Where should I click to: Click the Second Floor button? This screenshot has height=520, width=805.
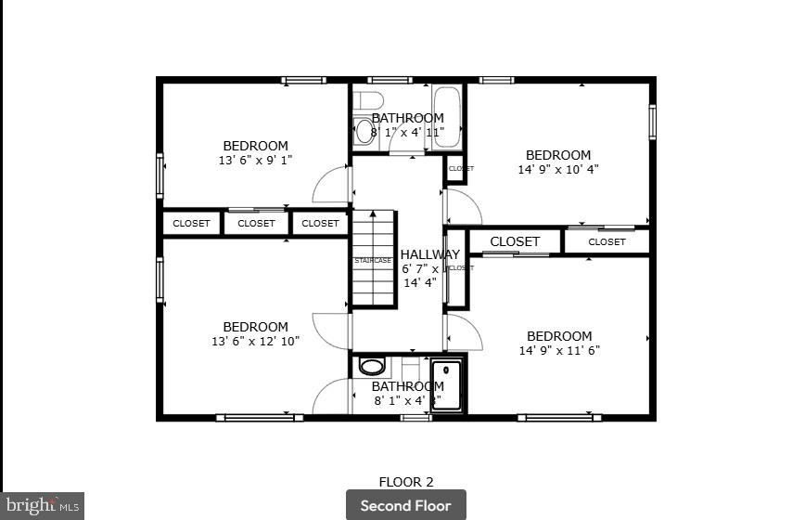click(x=405, y=505)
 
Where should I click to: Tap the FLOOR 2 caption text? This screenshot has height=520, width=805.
click(x=405, y=482)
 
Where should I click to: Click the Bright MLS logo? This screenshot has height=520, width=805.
click(x=42, y=505)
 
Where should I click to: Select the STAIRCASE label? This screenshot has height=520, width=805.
click(x=373, y=261)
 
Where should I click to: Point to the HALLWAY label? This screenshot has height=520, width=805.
click(x=429, y=254)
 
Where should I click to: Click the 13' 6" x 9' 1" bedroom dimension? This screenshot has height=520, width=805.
click(x=255, y=160)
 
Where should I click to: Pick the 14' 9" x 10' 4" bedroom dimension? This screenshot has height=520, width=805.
click(x=557, y=169)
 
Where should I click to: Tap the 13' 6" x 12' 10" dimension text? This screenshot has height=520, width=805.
click(x=255, y=341)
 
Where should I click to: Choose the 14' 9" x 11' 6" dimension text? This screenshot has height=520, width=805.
click(x=558, y=350)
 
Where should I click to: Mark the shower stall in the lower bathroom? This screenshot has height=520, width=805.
click(x=446, y=384)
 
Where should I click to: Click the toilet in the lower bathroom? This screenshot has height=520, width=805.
click(x=372, y=366)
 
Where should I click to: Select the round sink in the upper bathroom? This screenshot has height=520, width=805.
click(x=364, y=131)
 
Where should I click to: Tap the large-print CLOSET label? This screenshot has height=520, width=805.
click(x=515, y=241)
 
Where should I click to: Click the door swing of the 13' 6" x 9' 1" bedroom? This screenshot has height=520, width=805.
click(x=332, y=185)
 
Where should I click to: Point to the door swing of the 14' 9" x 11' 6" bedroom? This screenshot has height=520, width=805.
click(x=463, y=332)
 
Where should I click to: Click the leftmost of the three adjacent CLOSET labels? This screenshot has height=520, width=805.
click(x=192, y=223)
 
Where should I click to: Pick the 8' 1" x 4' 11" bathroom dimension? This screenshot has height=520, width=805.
click(x=407, y=132)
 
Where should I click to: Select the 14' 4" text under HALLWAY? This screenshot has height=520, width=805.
click(x=419, y=282)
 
